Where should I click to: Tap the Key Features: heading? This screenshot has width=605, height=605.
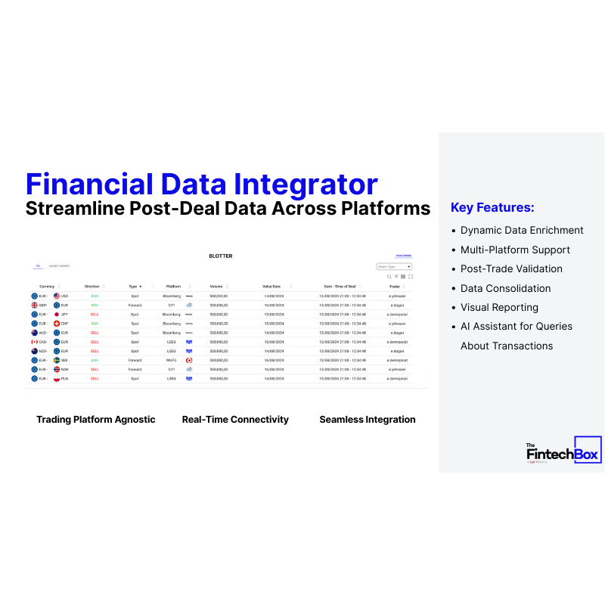click(492, 207)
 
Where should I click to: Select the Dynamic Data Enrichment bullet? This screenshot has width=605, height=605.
click(522, 231)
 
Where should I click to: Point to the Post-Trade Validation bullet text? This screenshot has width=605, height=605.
click(511, 269)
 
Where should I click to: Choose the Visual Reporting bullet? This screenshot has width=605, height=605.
click(499, 308)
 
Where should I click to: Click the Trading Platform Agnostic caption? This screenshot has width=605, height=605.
click(96, 420)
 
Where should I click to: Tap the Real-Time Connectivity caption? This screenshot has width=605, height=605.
click(235, 420)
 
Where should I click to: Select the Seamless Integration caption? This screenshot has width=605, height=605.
click(368, 420)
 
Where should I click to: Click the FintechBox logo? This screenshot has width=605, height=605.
click(563, 452)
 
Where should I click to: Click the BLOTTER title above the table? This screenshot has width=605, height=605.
click(221, 256)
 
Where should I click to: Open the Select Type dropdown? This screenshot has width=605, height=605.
click(394, 267)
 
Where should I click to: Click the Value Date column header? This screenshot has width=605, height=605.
click(271, 287)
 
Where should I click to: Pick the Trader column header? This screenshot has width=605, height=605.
click(395, 287)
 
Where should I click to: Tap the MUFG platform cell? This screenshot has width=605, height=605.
click(172, 361)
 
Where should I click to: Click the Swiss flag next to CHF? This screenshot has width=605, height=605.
click(57, 324)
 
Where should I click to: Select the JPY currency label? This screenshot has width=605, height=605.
click(65, 314)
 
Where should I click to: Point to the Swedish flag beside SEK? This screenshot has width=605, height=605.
click(57, 361)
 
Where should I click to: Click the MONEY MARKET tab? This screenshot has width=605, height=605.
click(60, 266)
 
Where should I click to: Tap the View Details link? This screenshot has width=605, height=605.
click(403, 256)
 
